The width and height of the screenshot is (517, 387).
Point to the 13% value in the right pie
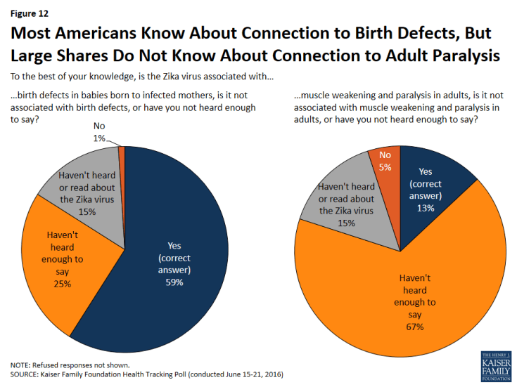coord(425,208)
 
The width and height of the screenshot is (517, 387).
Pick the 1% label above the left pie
coord(98,139)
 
